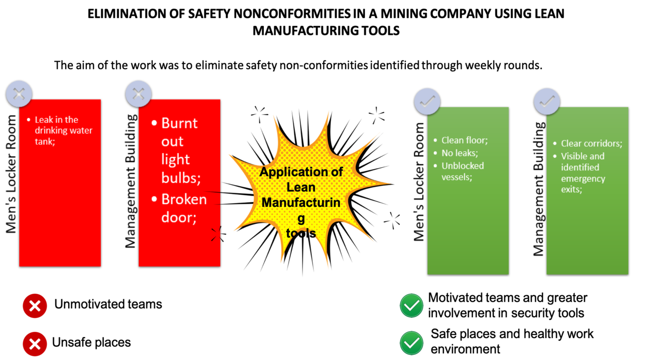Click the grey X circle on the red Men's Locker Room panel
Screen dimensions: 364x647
click(x=19, y=94)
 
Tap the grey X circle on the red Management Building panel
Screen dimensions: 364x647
click(x=138, y=94)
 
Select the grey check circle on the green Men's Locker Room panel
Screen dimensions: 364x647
click(x=427, y=101)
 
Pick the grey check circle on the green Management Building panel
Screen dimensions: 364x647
click(x=547, y=101)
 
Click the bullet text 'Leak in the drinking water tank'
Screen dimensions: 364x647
click(x=63, y=130)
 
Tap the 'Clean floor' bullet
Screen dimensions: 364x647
click(x=465, y=141)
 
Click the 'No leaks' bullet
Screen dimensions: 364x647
click(x=459, y=153)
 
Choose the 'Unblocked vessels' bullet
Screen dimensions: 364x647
click(x=463, y=171)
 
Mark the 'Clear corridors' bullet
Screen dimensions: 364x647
click(x=591, y=144)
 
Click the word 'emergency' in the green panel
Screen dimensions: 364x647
click(x=583, y=178)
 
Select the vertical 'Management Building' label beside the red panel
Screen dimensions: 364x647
click(x=130, y=181)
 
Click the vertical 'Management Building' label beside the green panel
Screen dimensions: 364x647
click(x=538, y=189)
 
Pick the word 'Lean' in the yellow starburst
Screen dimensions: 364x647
click(x=301, y=187)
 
